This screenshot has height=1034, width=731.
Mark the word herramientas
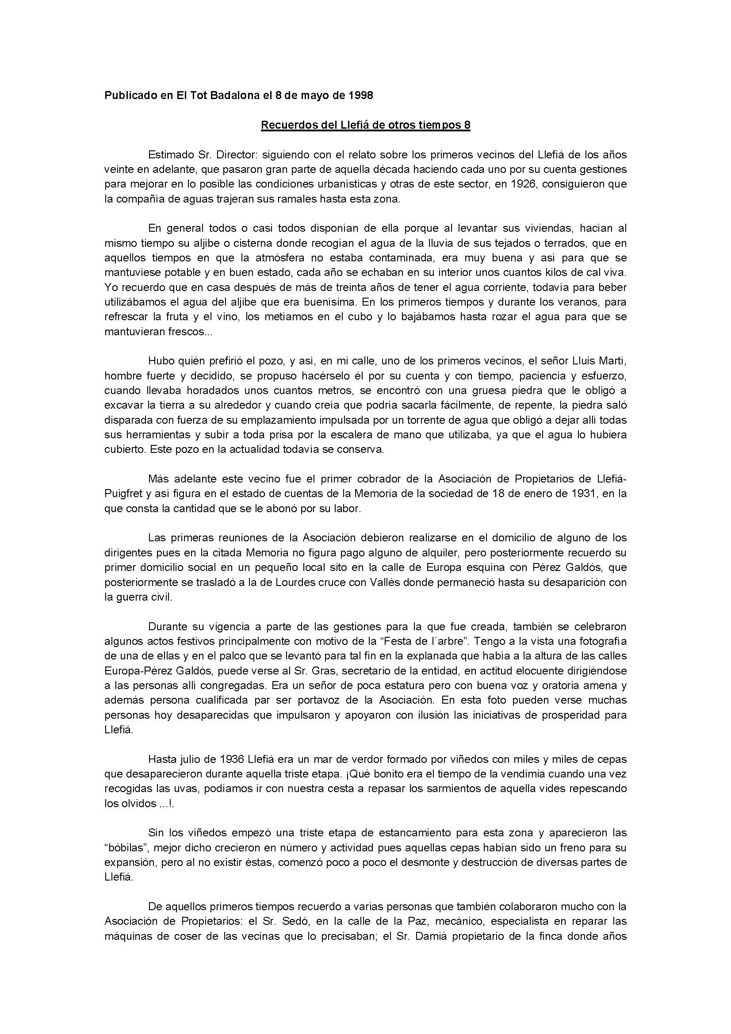click(x=148, y=435)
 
